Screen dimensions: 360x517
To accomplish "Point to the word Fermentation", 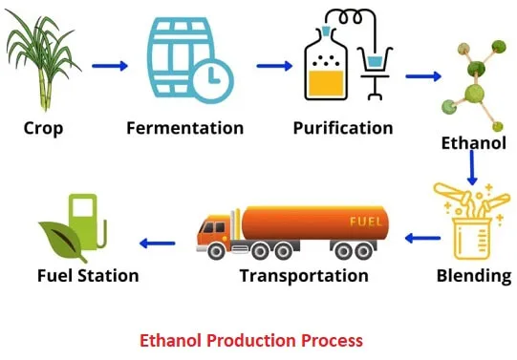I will pos(184,127).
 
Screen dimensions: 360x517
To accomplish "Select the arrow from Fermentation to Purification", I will pos(274,65).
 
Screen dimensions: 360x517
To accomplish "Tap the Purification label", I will pos(342,127).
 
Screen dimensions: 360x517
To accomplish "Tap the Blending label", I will pos(472,276).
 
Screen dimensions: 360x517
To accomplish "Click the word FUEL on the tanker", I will pos(367,222).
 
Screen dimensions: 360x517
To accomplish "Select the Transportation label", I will pos(303,276).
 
